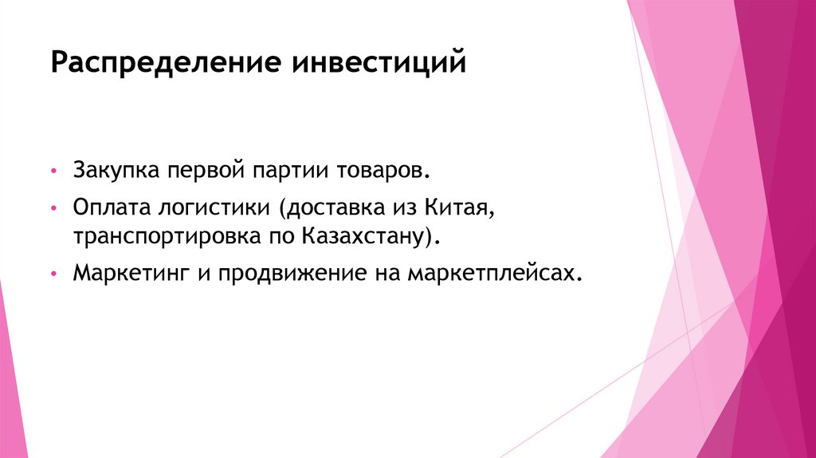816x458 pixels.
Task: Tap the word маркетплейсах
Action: click(x=491, y=274)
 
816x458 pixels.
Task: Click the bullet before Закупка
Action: click(x=53, y=172)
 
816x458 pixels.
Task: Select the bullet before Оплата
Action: click(x=53, y=209)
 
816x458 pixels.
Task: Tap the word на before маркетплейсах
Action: click(x=386, y=274)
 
